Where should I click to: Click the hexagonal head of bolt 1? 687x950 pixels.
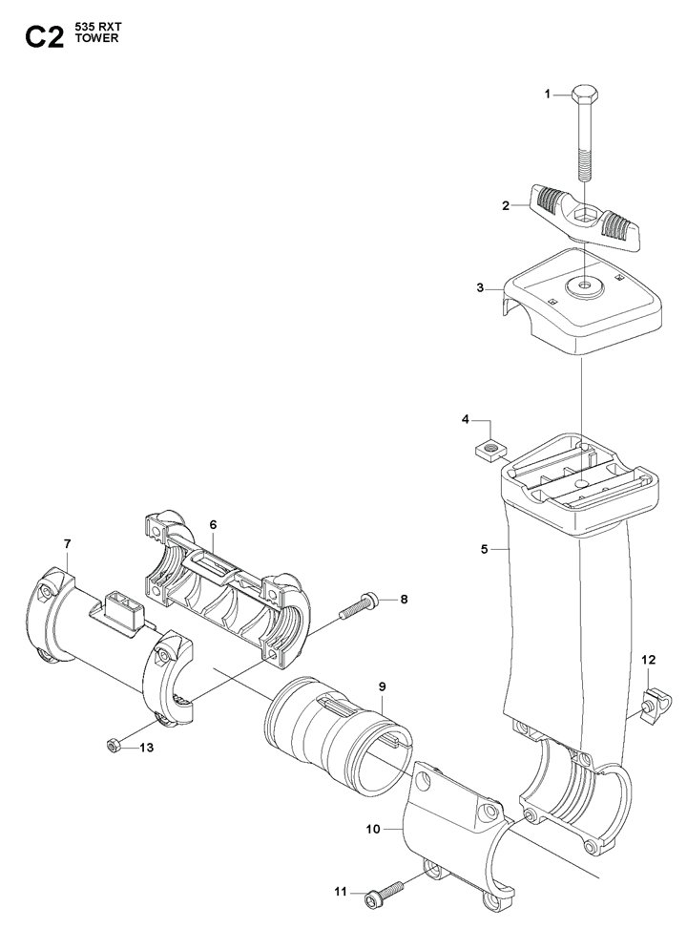pyautogui.click(x=584, y=94)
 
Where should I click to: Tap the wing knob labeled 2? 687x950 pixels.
pyautogui.click(x=584, y=218)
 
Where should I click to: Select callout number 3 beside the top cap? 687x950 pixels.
pyautogui.click(x=480, y=287)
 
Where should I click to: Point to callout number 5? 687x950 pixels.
pyautogui.click(x=484, y=550)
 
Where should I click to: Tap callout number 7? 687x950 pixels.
pyautogui.click(x=67, y=543)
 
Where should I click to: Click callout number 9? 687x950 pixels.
pyautogui.click(x=382, y=686)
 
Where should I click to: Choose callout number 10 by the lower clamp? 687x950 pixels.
pyautogui.click(x=373, y=829)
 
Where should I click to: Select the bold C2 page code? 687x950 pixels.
pyautogui.click(x=44, y=37)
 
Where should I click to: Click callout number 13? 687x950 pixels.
pyautogui.click(x=147, y=748)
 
